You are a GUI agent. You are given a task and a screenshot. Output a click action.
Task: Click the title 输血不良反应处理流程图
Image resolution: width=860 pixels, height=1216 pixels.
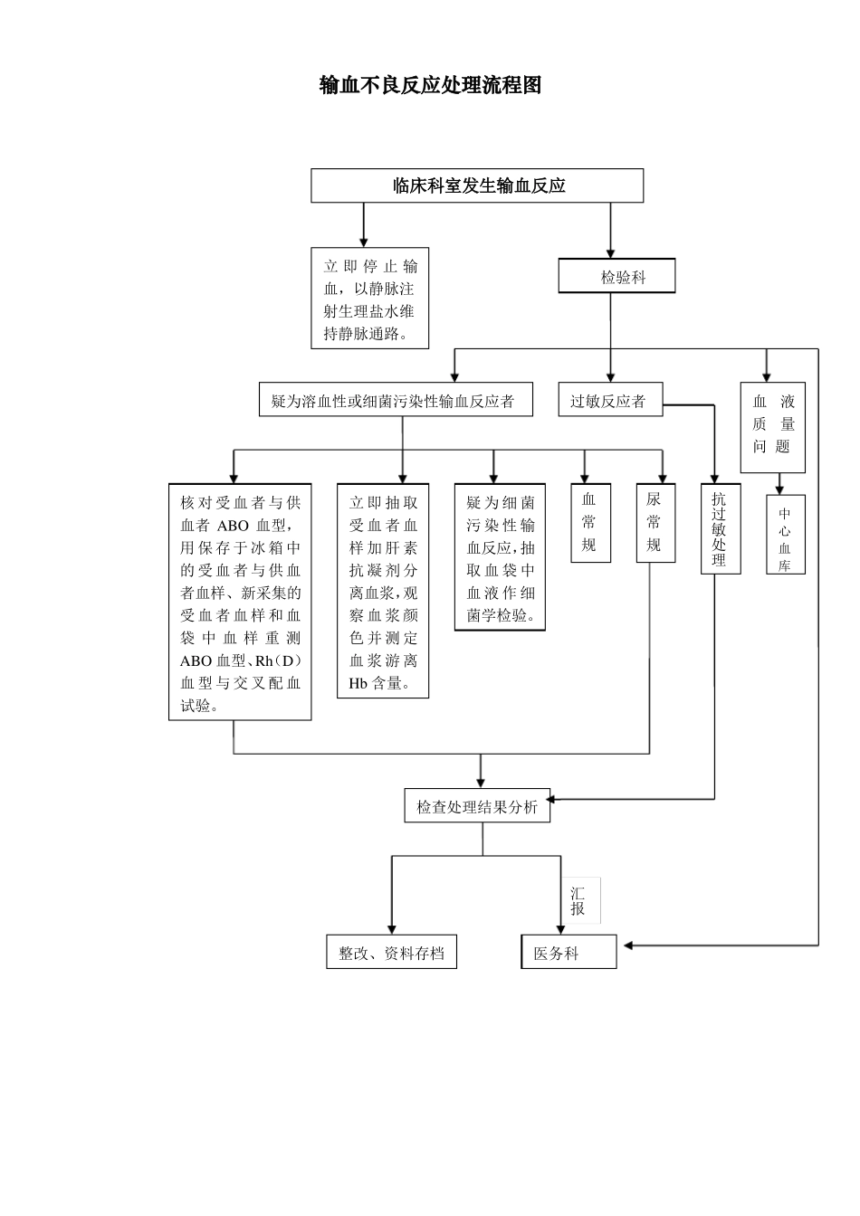pyautogui.click(x=430, y=85)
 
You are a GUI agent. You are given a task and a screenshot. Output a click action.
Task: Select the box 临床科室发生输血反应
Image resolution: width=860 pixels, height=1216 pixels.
pyautogui.click(x=477, y=185)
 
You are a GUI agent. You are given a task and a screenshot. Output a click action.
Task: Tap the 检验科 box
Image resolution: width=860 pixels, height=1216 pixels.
pyautogui.click(x=616, y=277)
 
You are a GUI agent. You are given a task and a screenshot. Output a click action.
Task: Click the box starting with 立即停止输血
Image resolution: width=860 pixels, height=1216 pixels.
pyautogui.click(x=369, y=299)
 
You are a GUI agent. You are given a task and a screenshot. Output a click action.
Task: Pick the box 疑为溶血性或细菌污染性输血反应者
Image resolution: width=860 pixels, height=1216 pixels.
pyautogui.click(x=396, y=400)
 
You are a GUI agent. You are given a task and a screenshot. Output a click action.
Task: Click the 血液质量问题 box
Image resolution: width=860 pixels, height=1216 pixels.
pyautogui.click(x=772, y=423)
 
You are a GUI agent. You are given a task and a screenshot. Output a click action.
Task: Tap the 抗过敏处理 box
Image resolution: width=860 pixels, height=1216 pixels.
pyautogui.click(x=720, y=528)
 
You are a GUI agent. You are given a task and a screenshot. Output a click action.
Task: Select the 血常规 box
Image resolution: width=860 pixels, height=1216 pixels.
pyautogui.click(x=588, y=522)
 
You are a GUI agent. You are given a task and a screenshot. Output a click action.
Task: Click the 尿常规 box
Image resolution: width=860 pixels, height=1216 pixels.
pyautogui.click(x=655, y=522)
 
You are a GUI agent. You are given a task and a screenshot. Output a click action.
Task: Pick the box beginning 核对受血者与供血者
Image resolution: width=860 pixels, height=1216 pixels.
pyautogui.click(x=240, y=602)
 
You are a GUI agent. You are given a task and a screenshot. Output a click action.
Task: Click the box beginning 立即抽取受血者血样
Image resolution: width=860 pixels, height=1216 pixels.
pyautogui.click(x=383, y=591)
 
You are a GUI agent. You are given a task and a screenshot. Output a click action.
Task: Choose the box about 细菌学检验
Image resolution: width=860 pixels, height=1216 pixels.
pyautogui.click(x=500, y=557)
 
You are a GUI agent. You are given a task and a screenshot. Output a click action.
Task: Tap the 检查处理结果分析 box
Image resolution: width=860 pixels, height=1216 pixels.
pyautogui.click(x=477, y=806)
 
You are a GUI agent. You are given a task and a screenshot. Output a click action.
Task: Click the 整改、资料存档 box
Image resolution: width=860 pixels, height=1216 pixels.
pyautogui.click(x=391, y=953)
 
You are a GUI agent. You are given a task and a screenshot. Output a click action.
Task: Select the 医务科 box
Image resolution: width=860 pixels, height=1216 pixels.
pyautogui.click(x=569, y=953)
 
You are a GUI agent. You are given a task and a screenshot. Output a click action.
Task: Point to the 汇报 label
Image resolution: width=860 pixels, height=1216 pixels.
pyautogui.click(x=578, y=901)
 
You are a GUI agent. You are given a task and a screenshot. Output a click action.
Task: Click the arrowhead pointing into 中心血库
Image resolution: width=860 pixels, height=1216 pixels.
pyautogui.click(x=779, y=489)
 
